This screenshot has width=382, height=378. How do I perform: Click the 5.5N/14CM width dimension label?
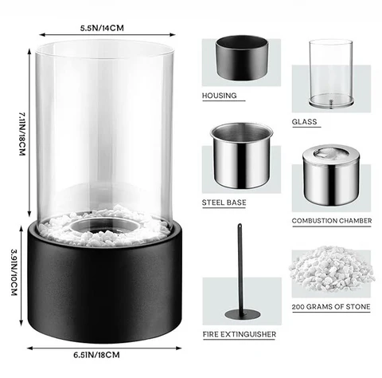tap(102, 28)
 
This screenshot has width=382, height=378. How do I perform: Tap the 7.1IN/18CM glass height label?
tap(22, 133)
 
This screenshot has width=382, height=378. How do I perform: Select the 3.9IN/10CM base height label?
tap(14, 272)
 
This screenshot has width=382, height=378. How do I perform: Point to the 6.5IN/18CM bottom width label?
tap(96, 355)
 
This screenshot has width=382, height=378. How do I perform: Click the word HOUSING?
tap(219, 96)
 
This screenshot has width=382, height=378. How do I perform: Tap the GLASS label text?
tap(304, 122)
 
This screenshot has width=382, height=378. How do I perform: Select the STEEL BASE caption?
tap(224, 203)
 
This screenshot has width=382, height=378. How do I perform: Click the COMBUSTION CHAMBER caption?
tap(332, 221)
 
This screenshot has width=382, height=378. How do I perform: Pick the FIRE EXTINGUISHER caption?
tap(240, 334)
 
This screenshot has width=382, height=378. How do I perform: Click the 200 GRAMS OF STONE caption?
tap(331, 307)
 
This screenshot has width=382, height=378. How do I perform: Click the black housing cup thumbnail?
tap(242, 57)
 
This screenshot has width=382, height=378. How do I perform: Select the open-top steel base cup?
tap(241, 156)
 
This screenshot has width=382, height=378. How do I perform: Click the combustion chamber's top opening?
tap(331, 152)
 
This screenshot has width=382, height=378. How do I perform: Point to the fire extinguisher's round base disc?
tap(243, 314)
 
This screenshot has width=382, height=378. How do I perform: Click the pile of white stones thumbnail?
tap(331, 269)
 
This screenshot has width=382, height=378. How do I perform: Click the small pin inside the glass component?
tap(330, 104)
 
